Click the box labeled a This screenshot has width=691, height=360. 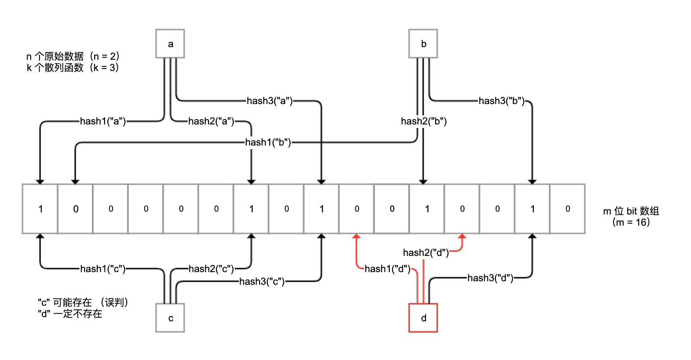(x=170, y=44)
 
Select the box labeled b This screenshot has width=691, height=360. (x=423, y=44)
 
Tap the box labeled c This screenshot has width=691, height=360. (x=170, y=318)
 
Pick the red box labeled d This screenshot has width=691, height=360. (x=423, y=318)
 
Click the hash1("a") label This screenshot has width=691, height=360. (x=103, y=121)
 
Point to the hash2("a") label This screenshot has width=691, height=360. (x=211, y=121)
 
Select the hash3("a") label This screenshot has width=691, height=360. (x=270, y=101)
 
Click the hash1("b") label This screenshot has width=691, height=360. (x=268, y=142)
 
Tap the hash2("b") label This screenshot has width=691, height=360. (x=424, y=121)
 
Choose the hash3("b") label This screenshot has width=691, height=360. (x=502, y=101)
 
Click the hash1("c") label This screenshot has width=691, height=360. (x=103, y=269)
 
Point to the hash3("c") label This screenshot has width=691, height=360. (x=262, y=282)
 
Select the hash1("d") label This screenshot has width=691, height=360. (x=387, y=269)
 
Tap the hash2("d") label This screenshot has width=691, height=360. (x=426, y=253)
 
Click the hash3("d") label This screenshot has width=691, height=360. (x=490, y=278)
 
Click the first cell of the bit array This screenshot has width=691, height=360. (x=40, y=209)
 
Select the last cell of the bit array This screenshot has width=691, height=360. (x=567, y=209)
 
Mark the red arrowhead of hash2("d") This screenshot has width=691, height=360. (x=462, y=237)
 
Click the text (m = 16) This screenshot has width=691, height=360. (x=631, y=222)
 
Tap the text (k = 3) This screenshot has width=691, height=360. (x=104, y=67)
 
